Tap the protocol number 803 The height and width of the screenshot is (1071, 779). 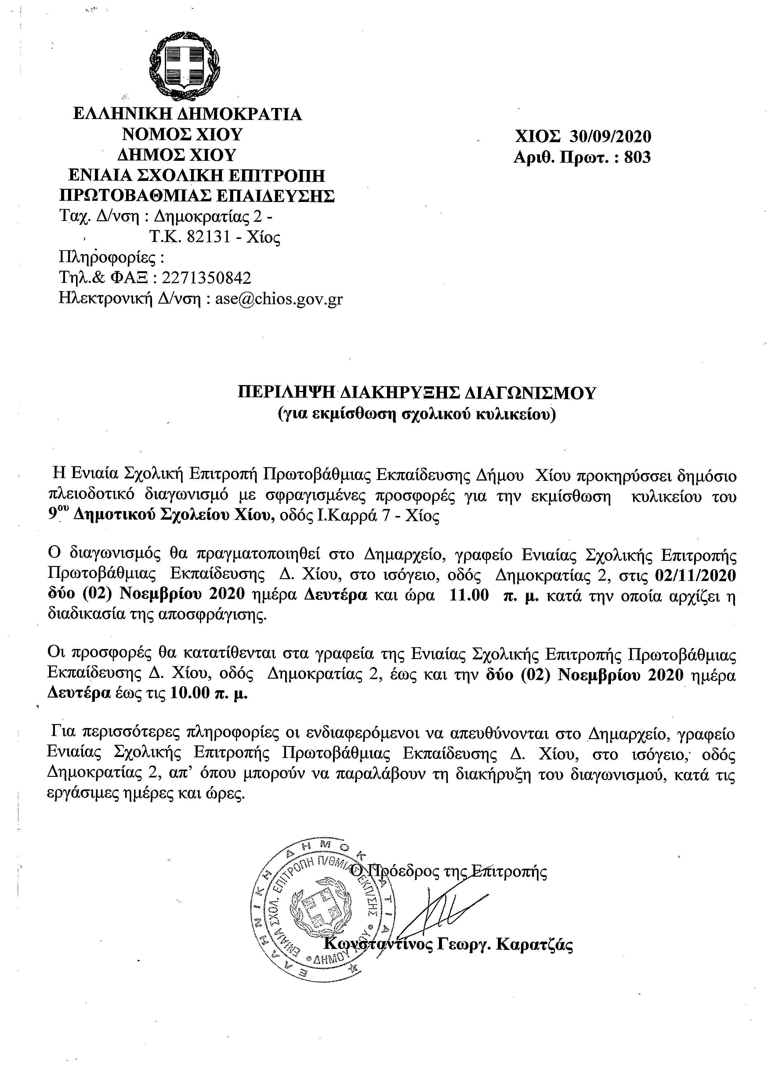pos(637,157)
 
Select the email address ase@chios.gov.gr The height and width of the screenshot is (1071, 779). pos(279,299)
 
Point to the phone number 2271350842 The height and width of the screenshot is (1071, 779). pos(206,278)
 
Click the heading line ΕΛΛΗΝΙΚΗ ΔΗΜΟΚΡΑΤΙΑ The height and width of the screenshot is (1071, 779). pos(187,114)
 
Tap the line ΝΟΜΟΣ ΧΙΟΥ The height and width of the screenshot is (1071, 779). pos(182,135)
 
